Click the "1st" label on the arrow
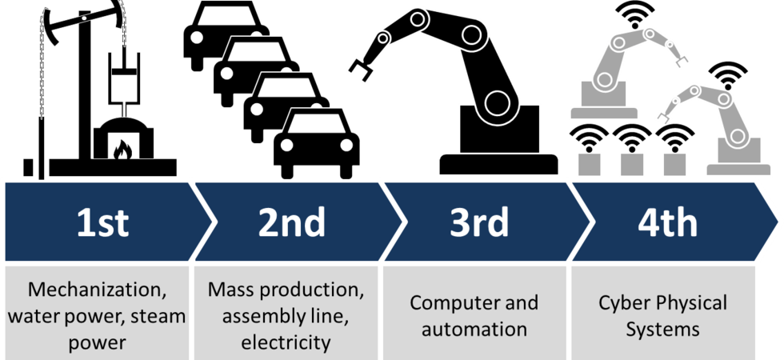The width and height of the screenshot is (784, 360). pos(102,222)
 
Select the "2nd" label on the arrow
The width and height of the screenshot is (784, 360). pos(291,222)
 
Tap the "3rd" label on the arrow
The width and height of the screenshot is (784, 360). pos(479,222)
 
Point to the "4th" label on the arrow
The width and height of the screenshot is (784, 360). pos(667,222)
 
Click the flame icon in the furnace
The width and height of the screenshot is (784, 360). pos(121,150)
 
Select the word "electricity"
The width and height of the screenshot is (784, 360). pos(286,343)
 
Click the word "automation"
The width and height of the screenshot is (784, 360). pos(474,330)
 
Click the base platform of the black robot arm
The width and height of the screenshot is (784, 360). pos(498,165)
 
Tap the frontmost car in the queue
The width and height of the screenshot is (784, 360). pos(317,143)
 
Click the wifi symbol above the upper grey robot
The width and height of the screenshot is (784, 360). pos(635,14)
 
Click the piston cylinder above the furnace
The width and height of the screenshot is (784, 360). pos(123,75)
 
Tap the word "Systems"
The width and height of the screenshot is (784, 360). pos(663,330)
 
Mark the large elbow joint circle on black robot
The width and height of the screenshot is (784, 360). pos(498,102)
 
